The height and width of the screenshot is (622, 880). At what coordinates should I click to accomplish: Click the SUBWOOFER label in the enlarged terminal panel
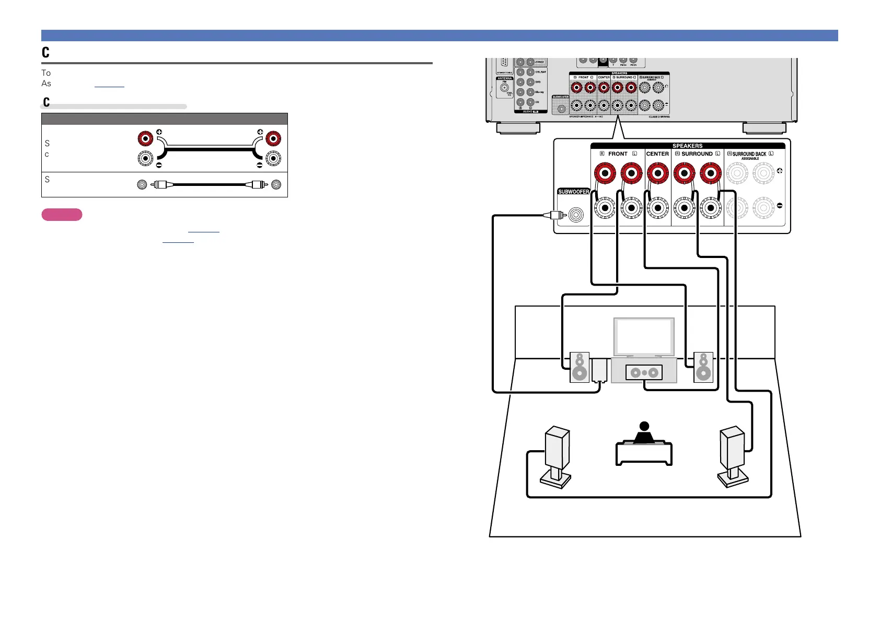[574, 192]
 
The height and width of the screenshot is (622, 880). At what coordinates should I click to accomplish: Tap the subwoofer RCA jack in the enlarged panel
[576, 215]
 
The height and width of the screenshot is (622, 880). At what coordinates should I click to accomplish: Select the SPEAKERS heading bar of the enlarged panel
[687, 146]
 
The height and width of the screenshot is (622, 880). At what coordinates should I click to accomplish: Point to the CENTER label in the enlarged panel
[657, 154]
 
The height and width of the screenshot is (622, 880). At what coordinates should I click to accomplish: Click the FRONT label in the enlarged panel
[618, 154]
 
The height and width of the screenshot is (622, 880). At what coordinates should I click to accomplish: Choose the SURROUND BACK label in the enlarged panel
[749, 155]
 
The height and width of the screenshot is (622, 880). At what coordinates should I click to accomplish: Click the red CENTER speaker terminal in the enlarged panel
[658, 173]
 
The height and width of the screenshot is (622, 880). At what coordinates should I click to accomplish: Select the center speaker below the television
[644, 372]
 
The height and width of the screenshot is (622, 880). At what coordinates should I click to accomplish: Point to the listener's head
[644, 427]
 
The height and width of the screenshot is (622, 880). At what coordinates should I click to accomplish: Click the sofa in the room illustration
[644, 453]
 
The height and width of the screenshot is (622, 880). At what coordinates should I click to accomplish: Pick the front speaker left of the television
[579, 367]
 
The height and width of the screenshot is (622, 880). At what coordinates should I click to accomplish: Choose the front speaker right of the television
[703, 367]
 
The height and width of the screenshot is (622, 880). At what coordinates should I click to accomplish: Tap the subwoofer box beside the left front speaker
[599, 370]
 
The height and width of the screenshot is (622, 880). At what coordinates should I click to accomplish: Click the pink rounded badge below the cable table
[62, 215]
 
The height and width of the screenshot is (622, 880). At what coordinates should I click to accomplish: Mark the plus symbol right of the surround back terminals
[780, 171]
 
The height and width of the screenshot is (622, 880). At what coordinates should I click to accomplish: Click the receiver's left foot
[518, 128]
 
